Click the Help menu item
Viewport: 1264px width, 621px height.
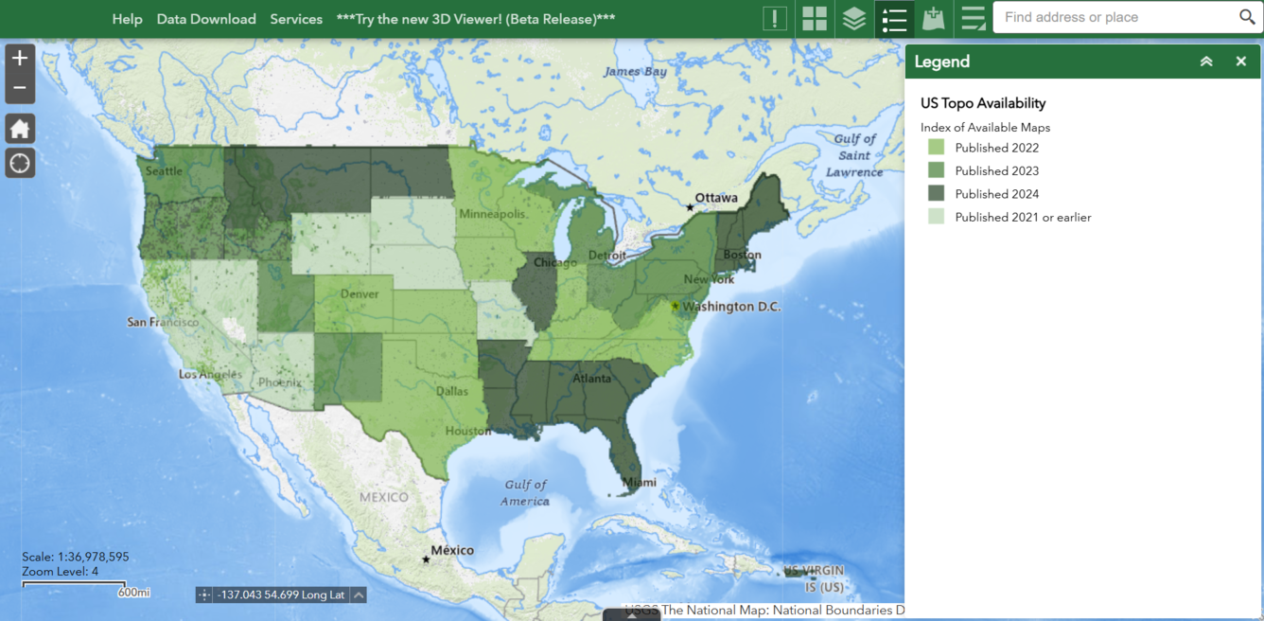point(127,19)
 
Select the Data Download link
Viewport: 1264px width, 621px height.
point(206,19)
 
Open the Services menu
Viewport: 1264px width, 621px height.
point(296,19)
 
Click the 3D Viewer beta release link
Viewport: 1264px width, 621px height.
point(476,19)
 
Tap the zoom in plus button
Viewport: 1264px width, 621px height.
point(20,58)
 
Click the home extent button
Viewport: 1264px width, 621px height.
point(20,129)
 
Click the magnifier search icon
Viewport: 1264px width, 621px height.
point(1247,17)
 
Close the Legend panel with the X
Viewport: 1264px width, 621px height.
point(1240,62)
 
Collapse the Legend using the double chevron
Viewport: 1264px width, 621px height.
point(1206,62)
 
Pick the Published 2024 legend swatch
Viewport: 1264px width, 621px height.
point(936,194)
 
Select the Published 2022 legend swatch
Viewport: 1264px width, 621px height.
point(936,148)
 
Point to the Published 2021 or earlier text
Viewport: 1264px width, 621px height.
point(1023,217)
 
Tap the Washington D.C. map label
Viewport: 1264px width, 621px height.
point(731,307)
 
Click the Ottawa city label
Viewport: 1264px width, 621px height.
point(716,199)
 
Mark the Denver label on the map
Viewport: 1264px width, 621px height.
point(360,294)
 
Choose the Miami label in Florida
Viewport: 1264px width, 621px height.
point(640,483)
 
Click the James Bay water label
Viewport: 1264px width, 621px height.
point(635,72)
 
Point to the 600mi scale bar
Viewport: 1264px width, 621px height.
point(75,585)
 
